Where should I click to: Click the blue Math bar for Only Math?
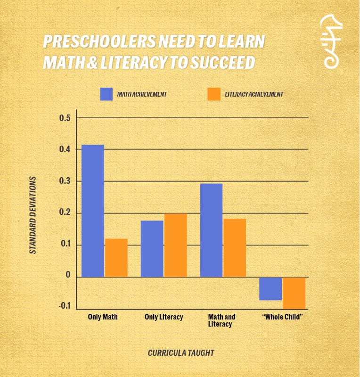[x=93, y=211]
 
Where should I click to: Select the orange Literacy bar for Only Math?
[x=116, y=258]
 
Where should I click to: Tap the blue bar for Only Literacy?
[x=152, y=248]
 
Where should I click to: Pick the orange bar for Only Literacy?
[x=175, y=245]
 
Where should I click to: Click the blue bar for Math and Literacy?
[x=211, y=230]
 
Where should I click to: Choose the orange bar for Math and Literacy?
[x=235, y=247]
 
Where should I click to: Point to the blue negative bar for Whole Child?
[x=270, y=288]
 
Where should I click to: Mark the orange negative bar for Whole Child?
[x=294, y=293]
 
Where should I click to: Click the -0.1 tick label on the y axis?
[x=64, y=307]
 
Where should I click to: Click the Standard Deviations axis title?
[x=33, y=215]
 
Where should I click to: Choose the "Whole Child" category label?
[x=282, y=317]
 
